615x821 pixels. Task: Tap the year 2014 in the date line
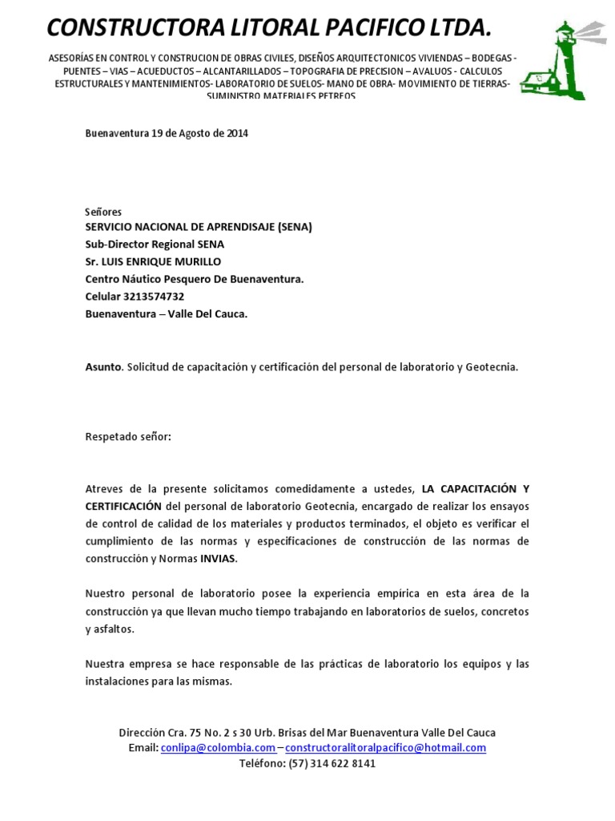click(x=237, y=134)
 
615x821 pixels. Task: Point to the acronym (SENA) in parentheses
click(x=295, y=227)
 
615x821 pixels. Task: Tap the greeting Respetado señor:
click(x=128, y=437)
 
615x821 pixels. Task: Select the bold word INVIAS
click(x=218, y=559)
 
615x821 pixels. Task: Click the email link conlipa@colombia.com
click(x=218, y=748)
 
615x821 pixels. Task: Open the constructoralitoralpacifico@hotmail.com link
click(x=386, y=748)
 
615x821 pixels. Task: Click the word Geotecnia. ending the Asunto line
click(x=493, y=367)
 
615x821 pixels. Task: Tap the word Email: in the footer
click(x=143, y=748)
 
